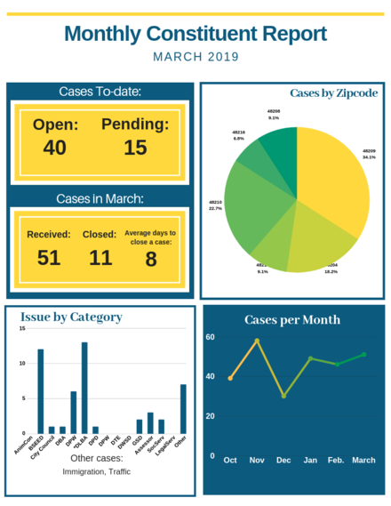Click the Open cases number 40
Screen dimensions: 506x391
[55, 148]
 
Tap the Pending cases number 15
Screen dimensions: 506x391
[135, 148]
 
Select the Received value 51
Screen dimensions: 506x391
[49, 259]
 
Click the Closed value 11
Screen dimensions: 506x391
[100, 259]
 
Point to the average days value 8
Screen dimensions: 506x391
[151, 259]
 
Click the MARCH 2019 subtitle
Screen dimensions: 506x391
[195, 57]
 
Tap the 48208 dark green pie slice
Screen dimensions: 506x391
[283, 146]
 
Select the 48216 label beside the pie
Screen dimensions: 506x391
[239, 134]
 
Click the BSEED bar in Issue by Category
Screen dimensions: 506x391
[40, 390]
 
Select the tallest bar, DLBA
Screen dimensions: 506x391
[84, 387]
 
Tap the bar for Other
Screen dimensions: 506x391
[184, 408]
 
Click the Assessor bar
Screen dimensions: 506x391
[150, 422]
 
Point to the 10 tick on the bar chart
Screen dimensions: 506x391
[21, 364]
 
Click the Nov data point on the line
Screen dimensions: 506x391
[258, 341]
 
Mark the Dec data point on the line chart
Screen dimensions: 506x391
[283, 396]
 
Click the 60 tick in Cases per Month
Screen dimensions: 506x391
[211, 337]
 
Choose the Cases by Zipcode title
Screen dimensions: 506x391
[333, 93]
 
